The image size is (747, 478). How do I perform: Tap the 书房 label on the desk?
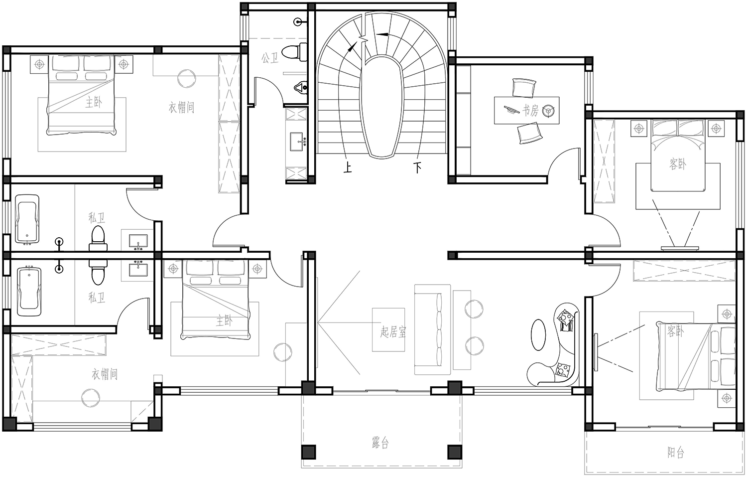(530, 110)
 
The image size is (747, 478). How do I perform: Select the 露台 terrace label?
(380, 443)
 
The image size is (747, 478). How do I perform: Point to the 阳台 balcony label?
(676, 453)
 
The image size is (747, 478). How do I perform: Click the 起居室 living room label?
(393, 332)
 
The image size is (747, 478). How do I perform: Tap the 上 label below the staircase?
(348, 167)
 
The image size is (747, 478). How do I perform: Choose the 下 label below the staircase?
(417, 167)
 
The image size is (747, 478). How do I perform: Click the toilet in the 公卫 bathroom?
(294, 52)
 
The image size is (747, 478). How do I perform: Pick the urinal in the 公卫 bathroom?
(301, 88)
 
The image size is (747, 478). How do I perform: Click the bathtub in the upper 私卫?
(27, 219)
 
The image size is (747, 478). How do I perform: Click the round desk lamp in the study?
(548, 111)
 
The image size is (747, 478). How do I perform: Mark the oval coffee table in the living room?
(538, 335)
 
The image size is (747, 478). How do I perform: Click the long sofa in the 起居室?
(433, 329)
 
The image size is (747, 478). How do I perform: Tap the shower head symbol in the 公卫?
(298, 22)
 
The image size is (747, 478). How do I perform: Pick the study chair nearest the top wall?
(524, 87)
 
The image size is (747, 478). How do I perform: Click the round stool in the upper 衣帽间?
(186, 78)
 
